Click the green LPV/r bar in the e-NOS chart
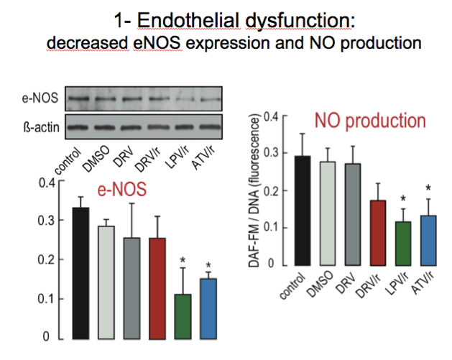pos(183,316)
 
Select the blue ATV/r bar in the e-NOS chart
pos(208,309)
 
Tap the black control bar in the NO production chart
pos(303,211)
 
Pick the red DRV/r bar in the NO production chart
pos(378,233)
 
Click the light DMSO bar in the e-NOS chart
pos(106,282)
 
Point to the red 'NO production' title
pos(370,121)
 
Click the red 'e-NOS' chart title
pos(122,190)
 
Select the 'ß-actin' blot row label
pos(41,127)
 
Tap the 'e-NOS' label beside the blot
pos(40,98)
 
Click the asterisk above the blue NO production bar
pos(428,188)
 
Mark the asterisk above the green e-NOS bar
pos(183,261)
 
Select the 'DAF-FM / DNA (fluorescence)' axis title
pos(254,191)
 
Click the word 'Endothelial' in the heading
pos(188,21)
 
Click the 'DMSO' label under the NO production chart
pos(319,284)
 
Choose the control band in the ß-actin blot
pos(78,127)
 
